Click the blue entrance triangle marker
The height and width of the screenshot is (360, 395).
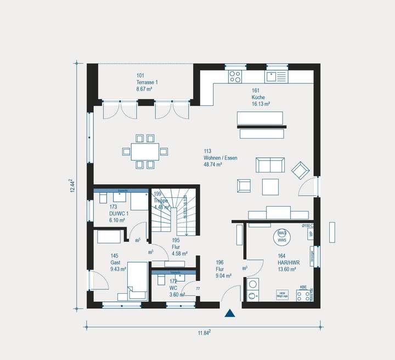[230, 314]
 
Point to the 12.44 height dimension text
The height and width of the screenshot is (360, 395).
[72, 185]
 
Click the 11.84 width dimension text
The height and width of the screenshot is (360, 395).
[204, 333]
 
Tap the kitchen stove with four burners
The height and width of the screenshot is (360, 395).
[235, 76]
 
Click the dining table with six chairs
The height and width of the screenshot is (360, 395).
[145, 151]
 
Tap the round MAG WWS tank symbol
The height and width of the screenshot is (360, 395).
[281, 236]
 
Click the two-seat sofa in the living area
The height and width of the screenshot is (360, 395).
[270, 164]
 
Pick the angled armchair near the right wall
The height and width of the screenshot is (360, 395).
[300, 171]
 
